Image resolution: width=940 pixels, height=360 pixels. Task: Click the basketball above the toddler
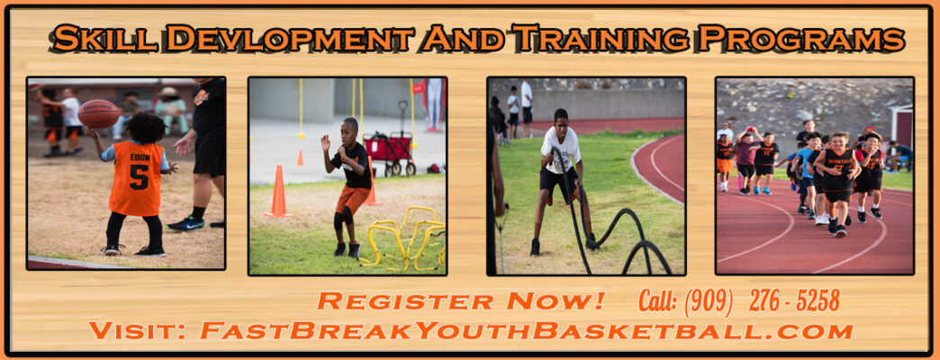98,113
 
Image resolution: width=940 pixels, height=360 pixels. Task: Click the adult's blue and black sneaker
185,223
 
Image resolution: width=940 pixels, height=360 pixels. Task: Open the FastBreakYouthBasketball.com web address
526,330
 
